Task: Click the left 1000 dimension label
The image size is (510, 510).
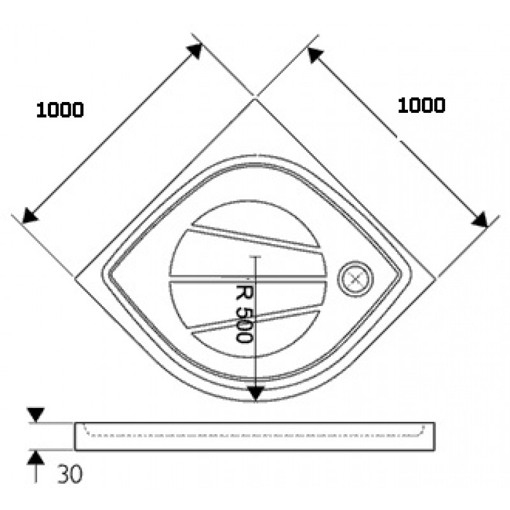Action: click(60, 110)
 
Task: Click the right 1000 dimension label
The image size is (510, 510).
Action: click(421, 106)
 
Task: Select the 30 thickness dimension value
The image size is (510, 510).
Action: click(70, 474)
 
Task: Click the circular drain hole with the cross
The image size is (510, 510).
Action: click(356, 279)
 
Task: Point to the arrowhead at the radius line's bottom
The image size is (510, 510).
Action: click(256, 393)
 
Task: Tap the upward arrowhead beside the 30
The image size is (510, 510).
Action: click(36, 458)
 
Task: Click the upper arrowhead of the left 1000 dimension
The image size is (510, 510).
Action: click(195, 51)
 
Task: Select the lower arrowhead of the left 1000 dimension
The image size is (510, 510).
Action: click(30, 215)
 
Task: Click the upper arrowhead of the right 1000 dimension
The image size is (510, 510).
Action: click(315, 55)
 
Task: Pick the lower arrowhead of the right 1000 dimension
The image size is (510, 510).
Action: click(480, 219)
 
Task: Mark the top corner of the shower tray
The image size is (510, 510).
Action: click(256, 99)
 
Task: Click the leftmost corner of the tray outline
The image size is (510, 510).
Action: click(75, 279)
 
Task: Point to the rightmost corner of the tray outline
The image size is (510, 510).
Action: click(435, 279)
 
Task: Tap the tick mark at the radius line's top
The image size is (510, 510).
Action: click(256, 257)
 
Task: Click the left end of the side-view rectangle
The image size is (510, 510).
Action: click(75, 437)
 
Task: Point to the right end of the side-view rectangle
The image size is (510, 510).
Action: click(435, 437)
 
